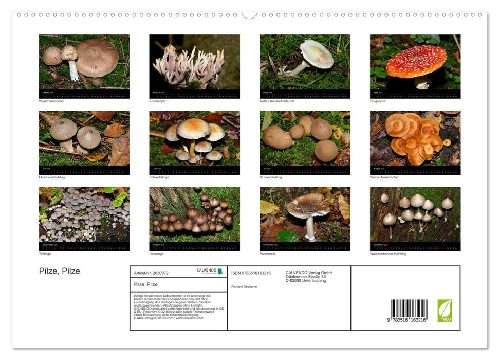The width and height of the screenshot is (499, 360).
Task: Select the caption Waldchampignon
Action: click(x=51, y=101)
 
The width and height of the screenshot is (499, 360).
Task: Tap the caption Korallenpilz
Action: click(x=158, y=101)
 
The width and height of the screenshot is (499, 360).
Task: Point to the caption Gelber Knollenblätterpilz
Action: click(x=277, y=101)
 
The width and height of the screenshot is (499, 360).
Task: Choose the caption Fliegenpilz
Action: click(x=378, y=101)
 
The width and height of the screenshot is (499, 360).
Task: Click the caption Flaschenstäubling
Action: click(x=52, y=177)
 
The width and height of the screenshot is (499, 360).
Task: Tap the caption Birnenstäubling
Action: click(x=271, y=177)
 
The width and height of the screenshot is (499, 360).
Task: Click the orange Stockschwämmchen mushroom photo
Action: click(x=415, y=139)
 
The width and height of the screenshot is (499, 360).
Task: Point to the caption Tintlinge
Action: click(x=45, y=254)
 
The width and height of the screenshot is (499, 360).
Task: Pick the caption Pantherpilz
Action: click(x=268, y=254)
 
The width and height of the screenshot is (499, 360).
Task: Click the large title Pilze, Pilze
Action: click(x=60, y=271)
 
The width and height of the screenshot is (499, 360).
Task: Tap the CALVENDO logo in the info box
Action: click(x=210, y=271)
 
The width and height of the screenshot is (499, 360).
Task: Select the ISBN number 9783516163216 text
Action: click(x=251, y=273)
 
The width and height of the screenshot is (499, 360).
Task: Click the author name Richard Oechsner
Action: click(x=245, y=286)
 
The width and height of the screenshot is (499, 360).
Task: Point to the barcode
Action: click(x=409, y=311)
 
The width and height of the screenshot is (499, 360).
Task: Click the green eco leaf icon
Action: click(x=445, y=311)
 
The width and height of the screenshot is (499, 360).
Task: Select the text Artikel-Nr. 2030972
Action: click(x=151, y=273)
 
